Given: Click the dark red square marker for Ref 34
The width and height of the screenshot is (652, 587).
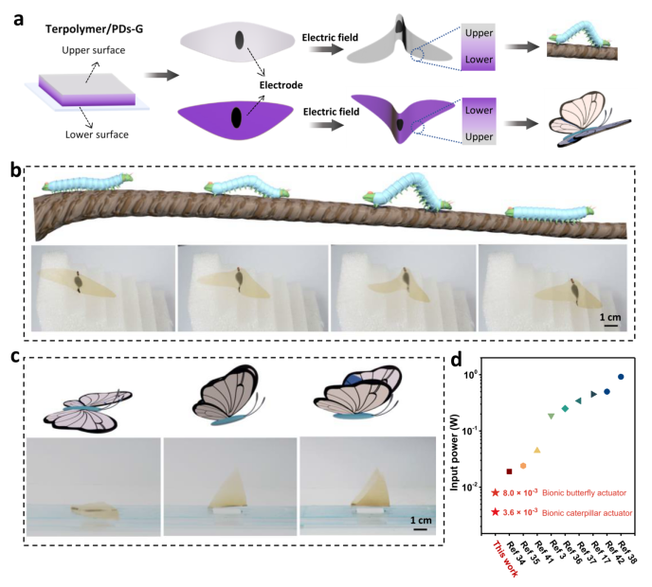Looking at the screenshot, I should click(509, 471).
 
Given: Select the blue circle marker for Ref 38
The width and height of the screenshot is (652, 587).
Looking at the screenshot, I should click(622, 376).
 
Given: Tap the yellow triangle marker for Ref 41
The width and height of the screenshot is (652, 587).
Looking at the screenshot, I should click(536, 450).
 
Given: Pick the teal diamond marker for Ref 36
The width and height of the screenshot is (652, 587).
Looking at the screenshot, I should click(565, 408).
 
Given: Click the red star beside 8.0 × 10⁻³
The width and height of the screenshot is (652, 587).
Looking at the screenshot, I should click(496, 492).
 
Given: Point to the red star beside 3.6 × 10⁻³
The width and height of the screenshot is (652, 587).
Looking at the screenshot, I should click(496, 512).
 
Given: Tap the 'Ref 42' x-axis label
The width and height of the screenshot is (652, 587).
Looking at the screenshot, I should click(607, 553).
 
